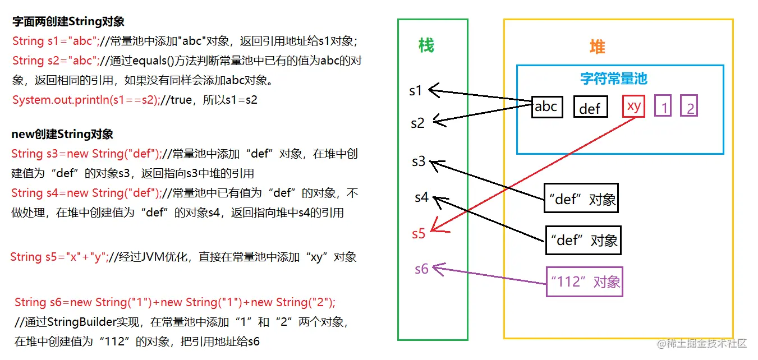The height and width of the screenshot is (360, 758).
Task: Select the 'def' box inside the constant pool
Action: point(590,108)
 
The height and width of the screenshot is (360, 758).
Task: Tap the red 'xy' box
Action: point(633,107)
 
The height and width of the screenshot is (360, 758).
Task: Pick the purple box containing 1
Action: point(664,107)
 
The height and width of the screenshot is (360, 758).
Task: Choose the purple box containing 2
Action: point(689,107)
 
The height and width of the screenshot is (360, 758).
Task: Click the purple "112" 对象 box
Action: point(585,281)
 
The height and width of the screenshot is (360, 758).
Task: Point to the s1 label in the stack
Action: point(416,90)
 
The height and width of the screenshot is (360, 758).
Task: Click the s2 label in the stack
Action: point(417,123)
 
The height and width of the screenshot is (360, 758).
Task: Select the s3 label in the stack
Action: point(419,161)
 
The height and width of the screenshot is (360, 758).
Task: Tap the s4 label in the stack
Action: point(421,197)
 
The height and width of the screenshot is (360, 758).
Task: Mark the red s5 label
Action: point(419,234)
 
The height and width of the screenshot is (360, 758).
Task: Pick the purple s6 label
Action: point(421,269)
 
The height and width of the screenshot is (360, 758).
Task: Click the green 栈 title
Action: point(426,46)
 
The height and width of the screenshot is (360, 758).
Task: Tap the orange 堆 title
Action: point(598,47)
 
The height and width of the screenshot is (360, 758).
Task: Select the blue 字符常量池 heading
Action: point(614,78)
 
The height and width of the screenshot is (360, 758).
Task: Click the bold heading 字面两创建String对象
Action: point(68,22)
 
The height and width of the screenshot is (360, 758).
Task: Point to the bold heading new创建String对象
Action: point(62,134)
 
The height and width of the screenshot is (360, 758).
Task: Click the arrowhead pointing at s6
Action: point(437,269)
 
